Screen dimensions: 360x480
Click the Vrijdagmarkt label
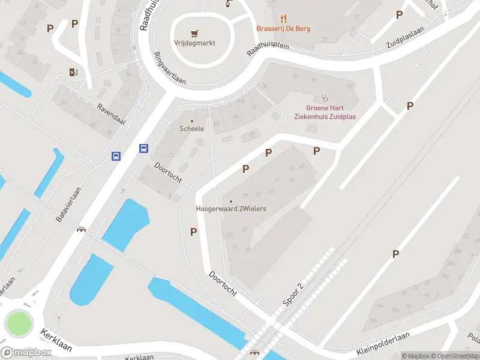194,43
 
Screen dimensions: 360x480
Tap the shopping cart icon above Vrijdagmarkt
194,32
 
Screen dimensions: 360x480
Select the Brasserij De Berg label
283,28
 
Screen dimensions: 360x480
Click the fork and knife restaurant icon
283,19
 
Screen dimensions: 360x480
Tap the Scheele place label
192,128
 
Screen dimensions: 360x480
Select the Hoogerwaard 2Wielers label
231,209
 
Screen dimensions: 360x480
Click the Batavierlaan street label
68,204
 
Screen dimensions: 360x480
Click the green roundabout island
19,324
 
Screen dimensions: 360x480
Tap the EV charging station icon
74,73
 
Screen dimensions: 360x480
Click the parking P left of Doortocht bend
193,232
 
